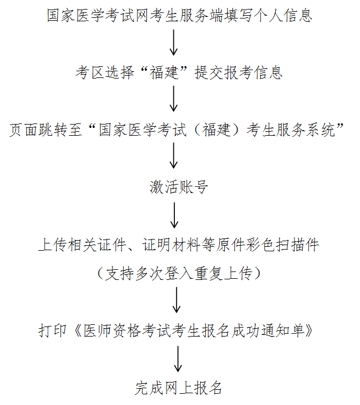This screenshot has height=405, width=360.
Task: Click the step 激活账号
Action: pyautogui.click(x=179, y=187)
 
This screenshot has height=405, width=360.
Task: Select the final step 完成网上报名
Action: pyautogui.click(x=179, y=388)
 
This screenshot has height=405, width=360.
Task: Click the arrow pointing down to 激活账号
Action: pyautogui.click(x=174, y=155)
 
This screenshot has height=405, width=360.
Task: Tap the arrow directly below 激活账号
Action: pyautogui.click(x=175, y=215)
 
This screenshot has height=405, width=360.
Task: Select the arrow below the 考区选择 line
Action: pyautogui.click(x=174, y=98)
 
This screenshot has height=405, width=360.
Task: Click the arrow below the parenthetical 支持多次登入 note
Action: pyautogui.click(x=177, y=300)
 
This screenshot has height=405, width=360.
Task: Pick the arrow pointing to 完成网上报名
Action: pyautogui.click(x=178, y=359)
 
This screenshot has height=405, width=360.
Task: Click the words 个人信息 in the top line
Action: pyautogui.click(x=283, y=15)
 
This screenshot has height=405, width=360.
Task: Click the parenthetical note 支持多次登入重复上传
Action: pyautogui.click(x=179, y=273)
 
